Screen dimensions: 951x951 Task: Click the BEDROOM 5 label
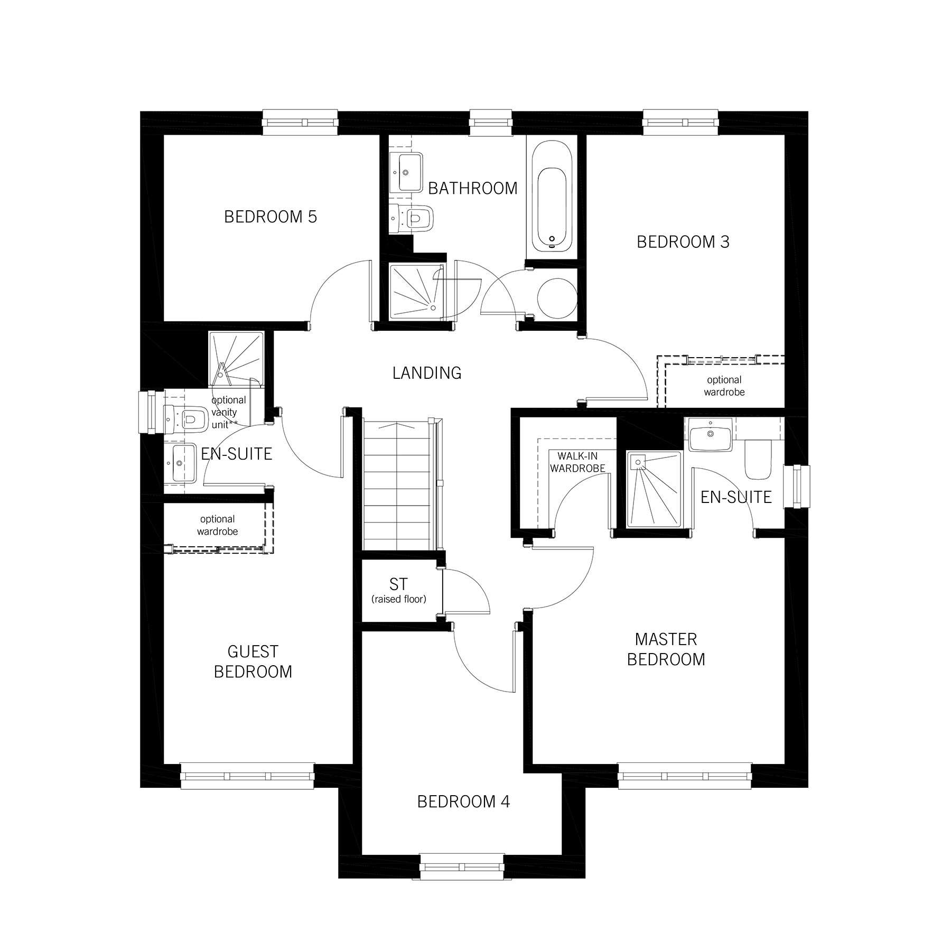pos(270,217)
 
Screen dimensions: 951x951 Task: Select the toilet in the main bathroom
pos(416,217)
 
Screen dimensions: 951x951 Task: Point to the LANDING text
pos(426,373)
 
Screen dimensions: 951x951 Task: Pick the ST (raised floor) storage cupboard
pos(399,591)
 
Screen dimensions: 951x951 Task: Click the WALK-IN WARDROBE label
pos(577,462)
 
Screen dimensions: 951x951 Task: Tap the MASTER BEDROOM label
pos(666,649)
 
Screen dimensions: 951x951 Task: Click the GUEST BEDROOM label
pos(253,661)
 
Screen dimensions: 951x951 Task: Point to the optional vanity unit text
pos(228,413)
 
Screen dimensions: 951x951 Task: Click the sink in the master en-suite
pos(710,435)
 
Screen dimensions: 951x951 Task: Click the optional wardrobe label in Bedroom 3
pos(724,386)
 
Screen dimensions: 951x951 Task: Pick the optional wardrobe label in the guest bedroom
pos(217,525)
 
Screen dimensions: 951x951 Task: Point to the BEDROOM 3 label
pos(683,242)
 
